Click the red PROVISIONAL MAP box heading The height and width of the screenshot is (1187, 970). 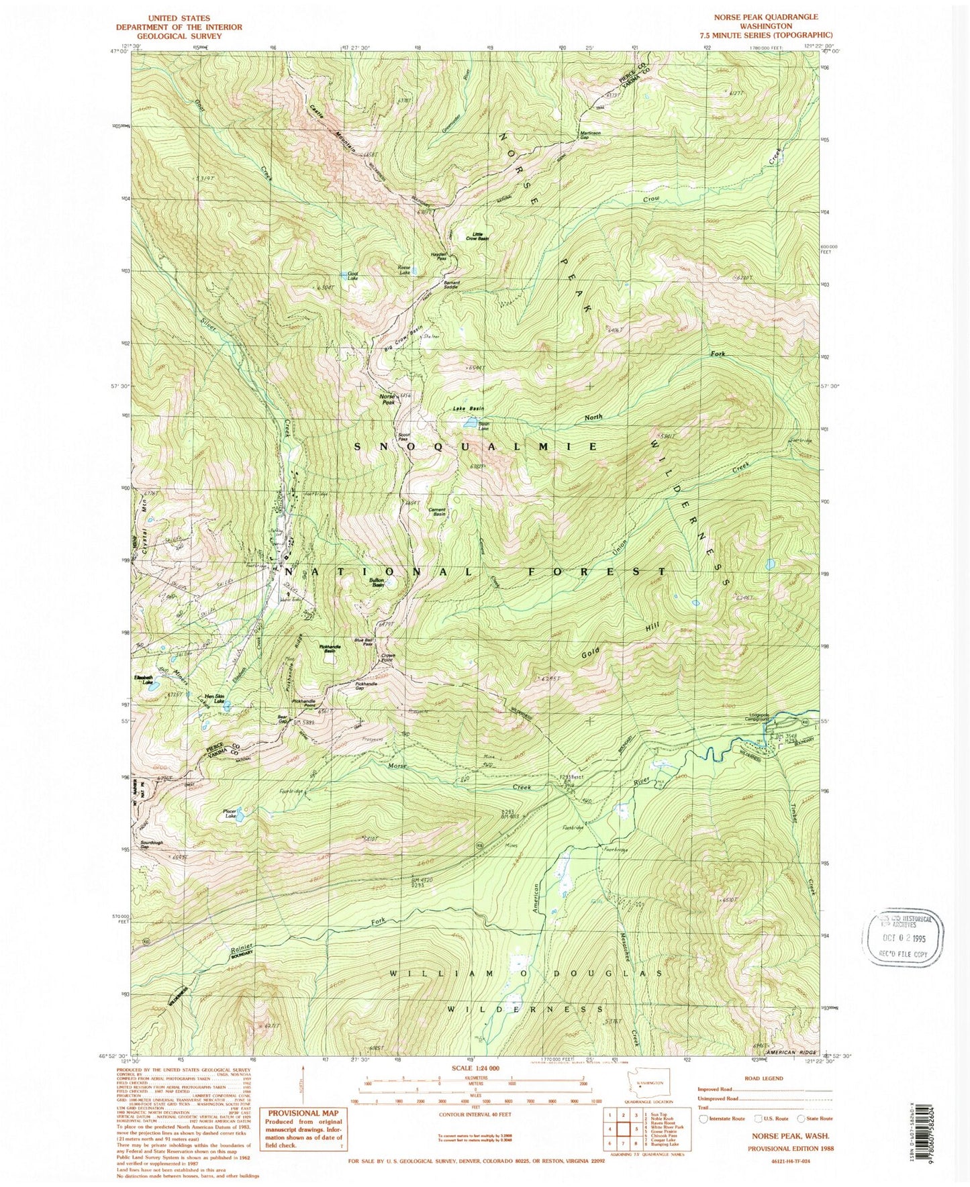[x=301, y=1113]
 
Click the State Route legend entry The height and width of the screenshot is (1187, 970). [x=816, y=1119]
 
